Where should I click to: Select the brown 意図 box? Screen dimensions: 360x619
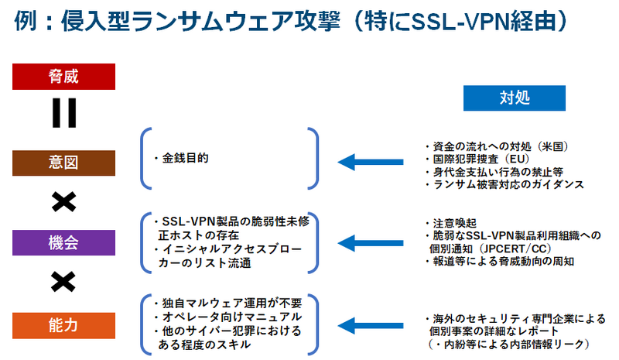[x=64, y=163]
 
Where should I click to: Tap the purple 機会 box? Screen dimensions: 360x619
[x=64, y=242]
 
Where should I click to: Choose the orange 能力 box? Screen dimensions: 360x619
[x=64, y=325]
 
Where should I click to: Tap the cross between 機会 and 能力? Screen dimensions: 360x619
[x=63, y=283]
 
